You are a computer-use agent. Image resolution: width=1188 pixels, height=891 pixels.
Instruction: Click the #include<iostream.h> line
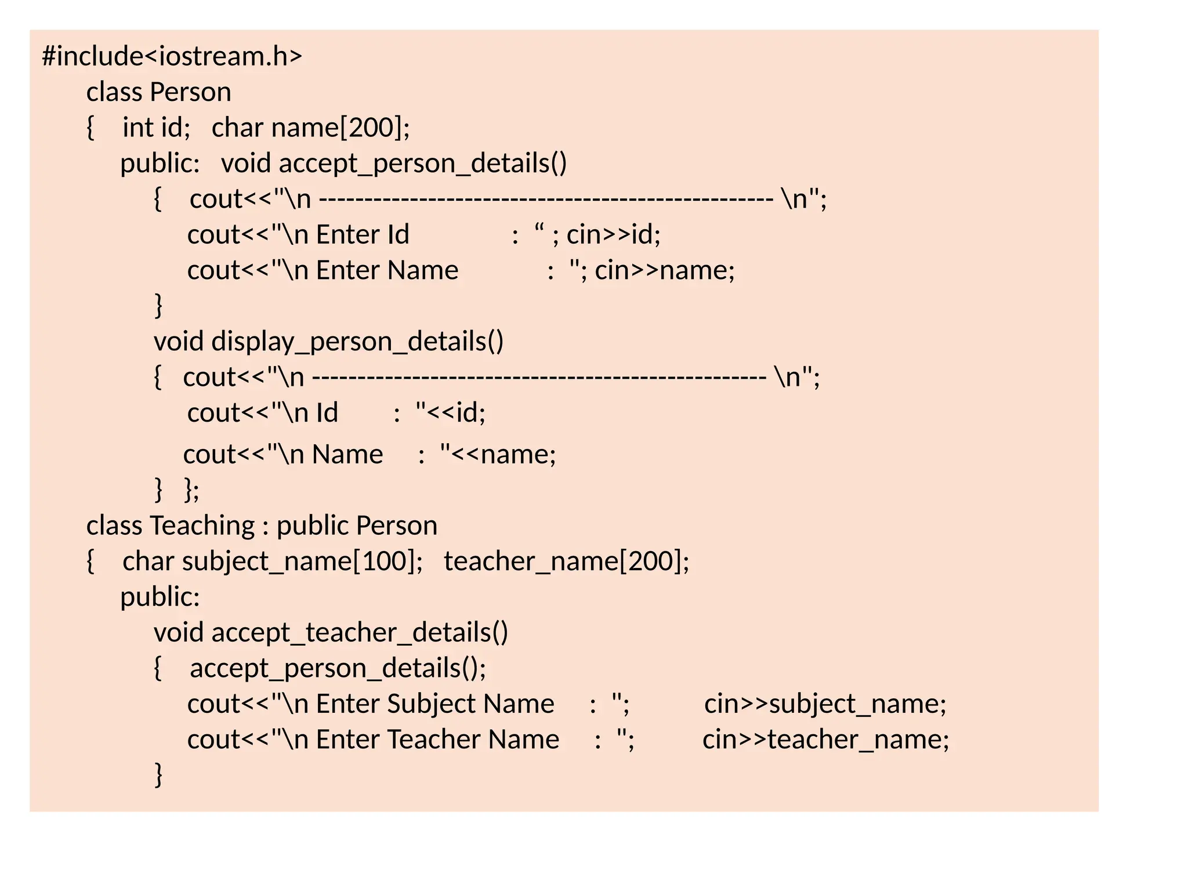tap(172, 57)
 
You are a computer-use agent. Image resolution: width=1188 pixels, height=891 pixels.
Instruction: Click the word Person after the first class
tap(190, 92)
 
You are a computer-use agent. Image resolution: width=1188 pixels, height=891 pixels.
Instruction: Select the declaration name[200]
tap(340, 128)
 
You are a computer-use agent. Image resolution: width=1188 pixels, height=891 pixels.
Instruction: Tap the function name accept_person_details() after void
tap(422, 164)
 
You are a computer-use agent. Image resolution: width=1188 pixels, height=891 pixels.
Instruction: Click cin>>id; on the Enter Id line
tap(613, 235)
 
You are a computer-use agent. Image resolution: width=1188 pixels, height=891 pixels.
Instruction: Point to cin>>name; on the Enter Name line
tap(664, 270)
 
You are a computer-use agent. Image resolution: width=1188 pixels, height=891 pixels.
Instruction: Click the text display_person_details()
tap(357, 342)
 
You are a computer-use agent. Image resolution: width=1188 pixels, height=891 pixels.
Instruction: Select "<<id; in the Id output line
tap(450, 413)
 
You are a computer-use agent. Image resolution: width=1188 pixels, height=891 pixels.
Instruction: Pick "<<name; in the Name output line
tap(498, 454)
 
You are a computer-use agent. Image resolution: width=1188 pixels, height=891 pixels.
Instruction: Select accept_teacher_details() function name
tap(360, 632)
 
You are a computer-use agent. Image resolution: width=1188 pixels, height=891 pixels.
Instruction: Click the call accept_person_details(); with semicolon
tap(338, 668)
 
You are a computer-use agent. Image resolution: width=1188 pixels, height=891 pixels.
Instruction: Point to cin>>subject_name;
tap(825, 704)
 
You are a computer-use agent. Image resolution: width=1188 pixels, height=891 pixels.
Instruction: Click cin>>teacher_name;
tap(825, 740)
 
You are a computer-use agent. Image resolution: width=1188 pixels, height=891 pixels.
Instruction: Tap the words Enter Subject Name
tap(435, 704)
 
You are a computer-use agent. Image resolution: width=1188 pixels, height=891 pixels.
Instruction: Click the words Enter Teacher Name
tap(437, 740)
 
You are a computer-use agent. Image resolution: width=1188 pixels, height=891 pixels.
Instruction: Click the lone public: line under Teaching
tap(160, 597)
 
